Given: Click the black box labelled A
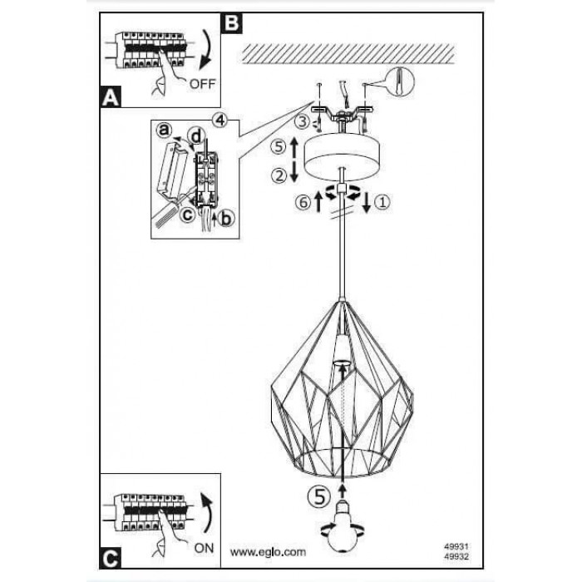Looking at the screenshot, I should tap(110, 97).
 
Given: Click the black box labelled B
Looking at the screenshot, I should tap(232, 22).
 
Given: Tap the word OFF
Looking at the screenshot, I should tap(202, 83).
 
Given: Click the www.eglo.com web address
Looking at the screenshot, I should tap(268, 551).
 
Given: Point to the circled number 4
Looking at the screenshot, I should tap(219, 118).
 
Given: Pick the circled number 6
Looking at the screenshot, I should tap(304, 201).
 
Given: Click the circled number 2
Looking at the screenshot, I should tap(280, 175).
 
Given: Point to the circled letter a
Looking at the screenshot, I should tap(165, 131).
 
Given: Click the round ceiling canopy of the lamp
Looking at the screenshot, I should tap(341, 157).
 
